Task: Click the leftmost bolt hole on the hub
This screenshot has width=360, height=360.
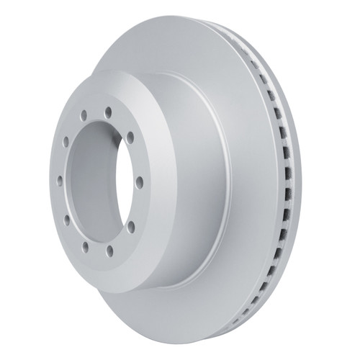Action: pyautogui.click(x=60, y=181)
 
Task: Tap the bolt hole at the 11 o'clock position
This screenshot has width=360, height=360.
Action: pyautogui.click(x=84, y=115)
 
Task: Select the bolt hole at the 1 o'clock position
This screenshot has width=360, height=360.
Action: pyautogui.click(x=108, y=112)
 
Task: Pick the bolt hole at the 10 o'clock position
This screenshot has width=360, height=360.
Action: pyautogui.click(x=66, y=142)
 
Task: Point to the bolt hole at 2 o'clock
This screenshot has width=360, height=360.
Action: pyautogui.click(x=130, y=138)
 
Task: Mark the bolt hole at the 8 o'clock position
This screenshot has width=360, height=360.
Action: pyautogui.click(x=66, y=220)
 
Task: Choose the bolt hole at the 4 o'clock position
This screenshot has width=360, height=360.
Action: pyautogui.click(x=131, y=226)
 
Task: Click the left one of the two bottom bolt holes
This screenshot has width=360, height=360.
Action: pyautogui.click(x=85, y=247)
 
